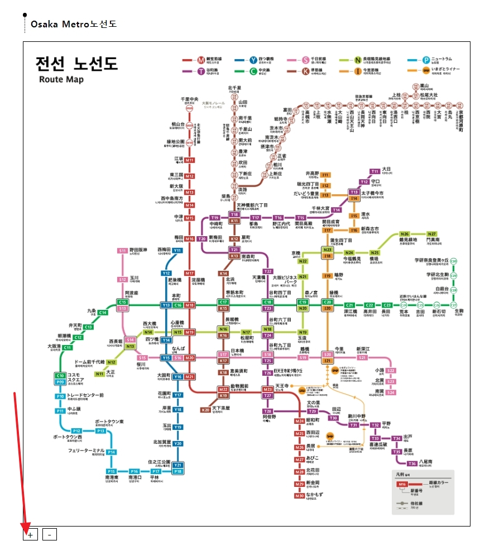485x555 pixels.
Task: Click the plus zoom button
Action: pos(30,535)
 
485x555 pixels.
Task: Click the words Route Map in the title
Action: pos(61,79)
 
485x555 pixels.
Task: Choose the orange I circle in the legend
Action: pos(357,71)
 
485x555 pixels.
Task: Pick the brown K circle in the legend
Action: pos(305,71)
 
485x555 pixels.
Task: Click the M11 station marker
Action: pos(190,160)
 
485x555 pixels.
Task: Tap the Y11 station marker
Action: pos(177,251)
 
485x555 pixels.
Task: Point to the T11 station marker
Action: pos(374,171)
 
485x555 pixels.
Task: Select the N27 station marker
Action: pos(432,234)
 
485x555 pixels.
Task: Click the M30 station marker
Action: pos(300,496)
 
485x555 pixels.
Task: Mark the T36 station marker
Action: pos(412,463)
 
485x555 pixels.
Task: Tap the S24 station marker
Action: pos(391,393)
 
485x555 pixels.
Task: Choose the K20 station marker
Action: pos(206,410)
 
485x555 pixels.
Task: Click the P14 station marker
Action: pos(112,452)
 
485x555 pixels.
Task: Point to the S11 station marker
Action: pos(123,251)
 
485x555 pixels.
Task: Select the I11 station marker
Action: pos(325,175)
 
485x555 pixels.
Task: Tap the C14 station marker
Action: pos(103,313)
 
